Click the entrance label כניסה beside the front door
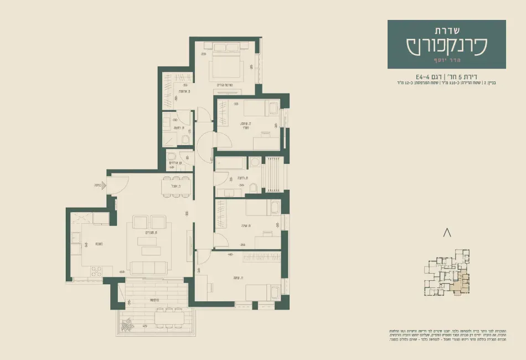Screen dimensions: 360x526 pyautogui.click(x=100, y=187)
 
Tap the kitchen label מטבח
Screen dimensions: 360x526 pyautogui.click(x=97, y=244)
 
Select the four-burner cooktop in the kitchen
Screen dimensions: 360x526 pyautogui.click(x=96, y=271)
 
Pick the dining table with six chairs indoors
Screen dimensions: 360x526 pyautogui.click(x=177, y=187)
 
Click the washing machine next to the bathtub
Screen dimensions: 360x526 pyautogui.click(x=255, y=162)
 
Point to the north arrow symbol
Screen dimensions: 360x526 pyautogui.click(x=447, y=233)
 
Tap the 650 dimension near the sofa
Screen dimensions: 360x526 pyautogui.click(x=121, y=272)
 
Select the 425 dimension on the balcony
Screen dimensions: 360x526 pyautogui.click(x=145, y=326)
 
